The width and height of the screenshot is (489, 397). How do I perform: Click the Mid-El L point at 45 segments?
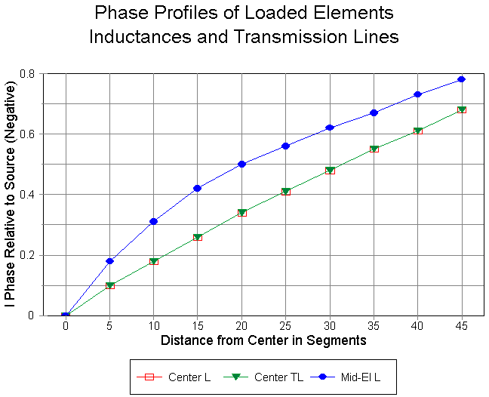[x=461, y=79]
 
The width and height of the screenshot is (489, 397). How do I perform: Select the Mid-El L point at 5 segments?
[x=109, y=261]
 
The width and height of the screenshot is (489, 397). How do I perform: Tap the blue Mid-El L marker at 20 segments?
[x=241, y=164]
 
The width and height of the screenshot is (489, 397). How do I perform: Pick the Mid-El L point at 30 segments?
[x=330, y=128]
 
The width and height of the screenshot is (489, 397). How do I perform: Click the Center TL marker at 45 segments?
[x=461, y=109]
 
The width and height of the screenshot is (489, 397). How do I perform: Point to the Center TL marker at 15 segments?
[x=198, y=237]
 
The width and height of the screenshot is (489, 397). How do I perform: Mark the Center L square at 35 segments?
[x=374, y=149]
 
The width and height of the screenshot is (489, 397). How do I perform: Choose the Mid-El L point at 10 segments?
[x=153, y=221]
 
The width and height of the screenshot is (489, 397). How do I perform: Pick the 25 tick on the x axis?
[x=285, y=327]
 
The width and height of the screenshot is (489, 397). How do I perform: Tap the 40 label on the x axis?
[x=417, y=327]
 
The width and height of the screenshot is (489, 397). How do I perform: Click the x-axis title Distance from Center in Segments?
[x=263, y=340]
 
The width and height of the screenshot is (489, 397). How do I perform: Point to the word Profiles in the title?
[x=189, y=13]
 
